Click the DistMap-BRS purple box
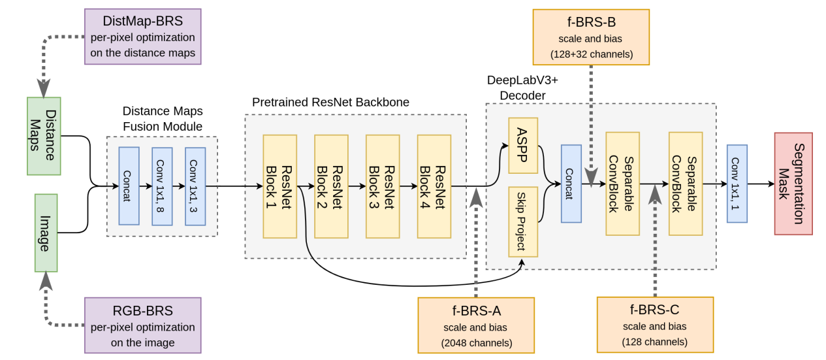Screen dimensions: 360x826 (143, 37)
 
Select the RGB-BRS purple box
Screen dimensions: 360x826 (143, 325)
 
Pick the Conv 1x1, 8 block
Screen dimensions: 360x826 (162, 186)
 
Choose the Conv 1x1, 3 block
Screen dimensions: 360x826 (195, 186)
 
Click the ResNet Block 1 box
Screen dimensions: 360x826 (279, 186)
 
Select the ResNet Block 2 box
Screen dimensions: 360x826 (331, 186)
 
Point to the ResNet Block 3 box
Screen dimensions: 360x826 (383, 186)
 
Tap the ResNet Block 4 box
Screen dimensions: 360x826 (434, 186)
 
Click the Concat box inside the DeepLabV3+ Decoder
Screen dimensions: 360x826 (571, 184)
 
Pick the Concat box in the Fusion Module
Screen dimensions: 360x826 (129, 186)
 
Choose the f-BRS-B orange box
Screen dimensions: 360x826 (592, 37)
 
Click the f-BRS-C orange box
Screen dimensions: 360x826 (655, 323)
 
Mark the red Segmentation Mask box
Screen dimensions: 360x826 (793, 184)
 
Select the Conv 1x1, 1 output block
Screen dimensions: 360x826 (737, 184)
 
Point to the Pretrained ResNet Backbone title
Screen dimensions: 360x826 (331, 103)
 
